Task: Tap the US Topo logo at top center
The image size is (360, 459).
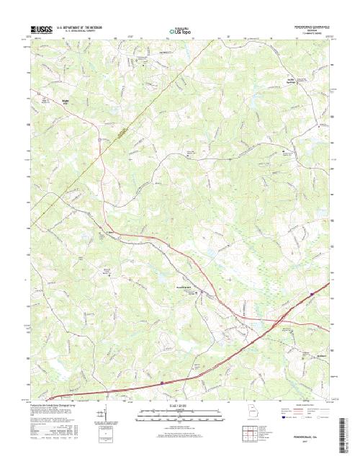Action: pyautogui.click(x=180, y=31)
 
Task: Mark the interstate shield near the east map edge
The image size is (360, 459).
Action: pyautogui.click(x=312, y=293)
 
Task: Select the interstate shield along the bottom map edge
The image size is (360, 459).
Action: pyautogui.click(x=162, y=383)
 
